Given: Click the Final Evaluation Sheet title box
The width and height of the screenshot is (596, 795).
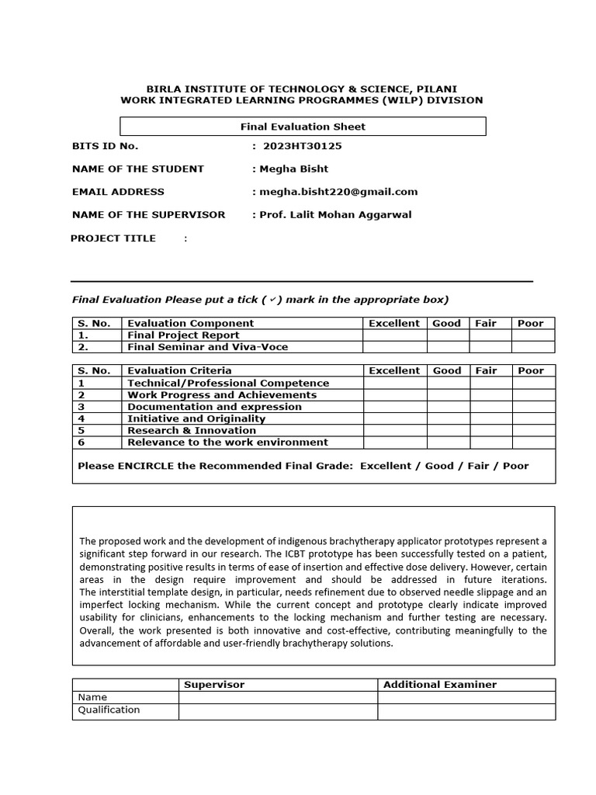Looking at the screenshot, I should coord(303,127).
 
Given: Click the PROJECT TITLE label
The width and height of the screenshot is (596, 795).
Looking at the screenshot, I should coord(113,238).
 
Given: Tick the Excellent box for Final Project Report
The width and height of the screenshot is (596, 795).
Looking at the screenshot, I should coord(394,335).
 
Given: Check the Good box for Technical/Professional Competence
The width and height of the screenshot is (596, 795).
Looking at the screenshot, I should coord(448,383).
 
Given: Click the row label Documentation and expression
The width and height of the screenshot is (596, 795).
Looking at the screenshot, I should coord(214,407).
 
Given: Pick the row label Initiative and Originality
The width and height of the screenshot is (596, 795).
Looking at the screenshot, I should coord(196,418).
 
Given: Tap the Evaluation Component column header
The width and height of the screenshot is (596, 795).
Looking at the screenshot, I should coord(190,323).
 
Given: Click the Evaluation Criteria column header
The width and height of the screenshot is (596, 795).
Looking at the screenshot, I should coord(179,370).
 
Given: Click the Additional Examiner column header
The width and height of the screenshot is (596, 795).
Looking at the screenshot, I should coord(439,684).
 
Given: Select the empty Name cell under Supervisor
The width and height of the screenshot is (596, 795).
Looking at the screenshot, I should coord(278,697).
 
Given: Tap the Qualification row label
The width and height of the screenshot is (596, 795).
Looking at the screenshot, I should coord(109,710).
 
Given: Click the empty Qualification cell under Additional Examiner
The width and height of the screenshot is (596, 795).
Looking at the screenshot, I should coord(466,710).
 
